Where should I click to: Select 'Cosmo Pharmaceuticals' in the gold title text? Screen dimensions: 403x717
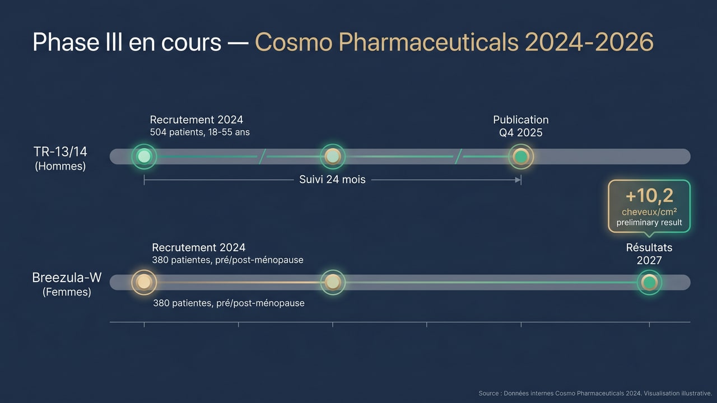pyautogui.click(x=386, y=43)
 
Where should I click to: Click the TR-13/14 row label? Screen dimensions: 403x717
pyautogui.click(x=60, y=152)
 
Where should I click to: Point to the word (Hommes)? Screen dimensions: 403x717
pyautogui.click(x=60, y=166)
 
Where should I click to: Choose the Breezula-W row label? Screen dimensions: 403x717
pyautogui.click(x=67, y=278)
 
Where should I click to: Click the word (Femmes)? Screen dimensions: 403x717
pyautogui.click(x=67, y=292)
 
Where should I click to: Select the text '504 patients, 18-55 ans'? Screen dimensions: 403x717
pyautogui.click(x=200, y=133)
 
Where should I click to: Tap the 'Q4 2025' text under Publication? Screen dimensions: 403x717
pyautogui.click(x=521, y=133)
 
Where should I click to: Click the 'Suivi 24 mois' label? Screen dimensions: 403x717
pyautogui.click(x=332, y=180)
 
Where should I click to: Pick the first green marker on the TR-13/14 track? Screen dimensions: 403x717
pyautogui.click(x=144, y=157)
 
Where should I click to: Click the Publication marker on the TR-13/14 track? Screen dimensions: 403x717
pyautogui.click(x=521, y=157)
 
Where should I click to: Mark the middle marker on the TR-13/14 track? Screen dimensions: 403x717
pyautogui.click(x=333, y=157)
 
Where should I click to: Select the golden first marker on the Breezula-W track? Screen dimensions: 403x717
pyautogui.click(x=144, y=282)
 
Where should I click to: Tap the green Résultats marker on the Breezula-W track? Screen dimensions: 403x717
pyautogui.click(x=649, y=282)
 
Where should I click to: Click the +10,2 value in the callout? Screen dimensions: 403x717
pyautogui.click(x=649, y=196)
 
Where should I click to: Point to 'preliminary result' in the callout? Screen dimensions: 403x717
pyautogui.click(x=649, y=223)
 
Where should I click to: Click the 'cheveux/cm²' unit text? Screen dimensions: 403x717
pyautogui.click(x=649, y=212)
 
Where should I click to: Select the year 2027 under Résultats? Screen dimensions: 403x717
pyautogui.click(x=649, y=260)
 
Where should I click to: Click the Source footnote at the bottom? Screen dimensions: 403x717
pyautogui.click(x=595, y=393)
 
